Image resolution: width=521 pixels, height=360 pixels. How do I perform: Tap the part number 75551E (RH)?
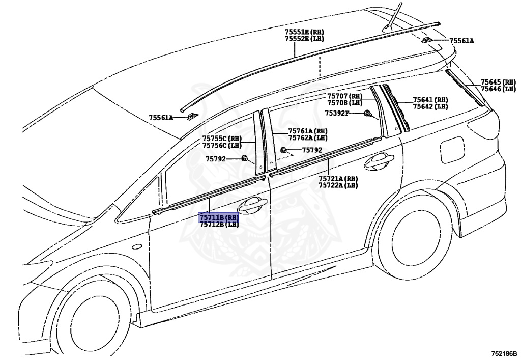[x=304, y=32]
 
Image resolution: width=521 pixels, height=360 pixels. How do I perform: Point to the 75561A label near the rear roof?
[x=461, y=41]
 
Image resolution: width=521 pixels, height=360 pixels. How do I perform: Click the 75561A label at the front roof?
[x=161, y=118]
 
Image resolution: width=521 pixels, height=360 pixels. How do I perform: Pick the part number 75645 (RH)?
[x=498, y=82]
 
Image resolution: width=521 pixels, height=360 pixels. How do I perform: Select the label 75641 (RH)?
[x=430, y=100]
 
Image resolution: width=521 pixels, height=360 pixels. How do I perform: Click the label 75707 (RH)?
[x=344, y=96]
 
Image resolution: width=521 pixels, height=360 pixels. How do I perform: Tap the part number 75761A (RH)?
[x=307, y=131]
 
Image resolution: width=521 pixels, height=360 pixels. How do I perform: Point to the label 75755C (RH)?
[x=221, y=138]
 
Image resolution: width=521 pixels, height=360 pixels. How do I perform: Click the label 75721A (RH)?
[x=338, y=179]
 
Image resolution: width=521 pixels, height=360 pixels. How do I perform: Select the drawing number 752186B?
[x=504, y=353]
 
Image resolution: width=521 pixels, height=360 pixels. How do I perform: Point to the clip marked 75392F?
[x=367, y=114]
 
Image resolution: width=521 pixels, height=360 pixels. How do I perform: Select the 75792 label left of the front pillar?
[x=216, y=159]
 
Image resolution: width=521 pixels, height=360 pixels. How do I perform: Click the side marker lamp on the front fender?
[x=137, y=247]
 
